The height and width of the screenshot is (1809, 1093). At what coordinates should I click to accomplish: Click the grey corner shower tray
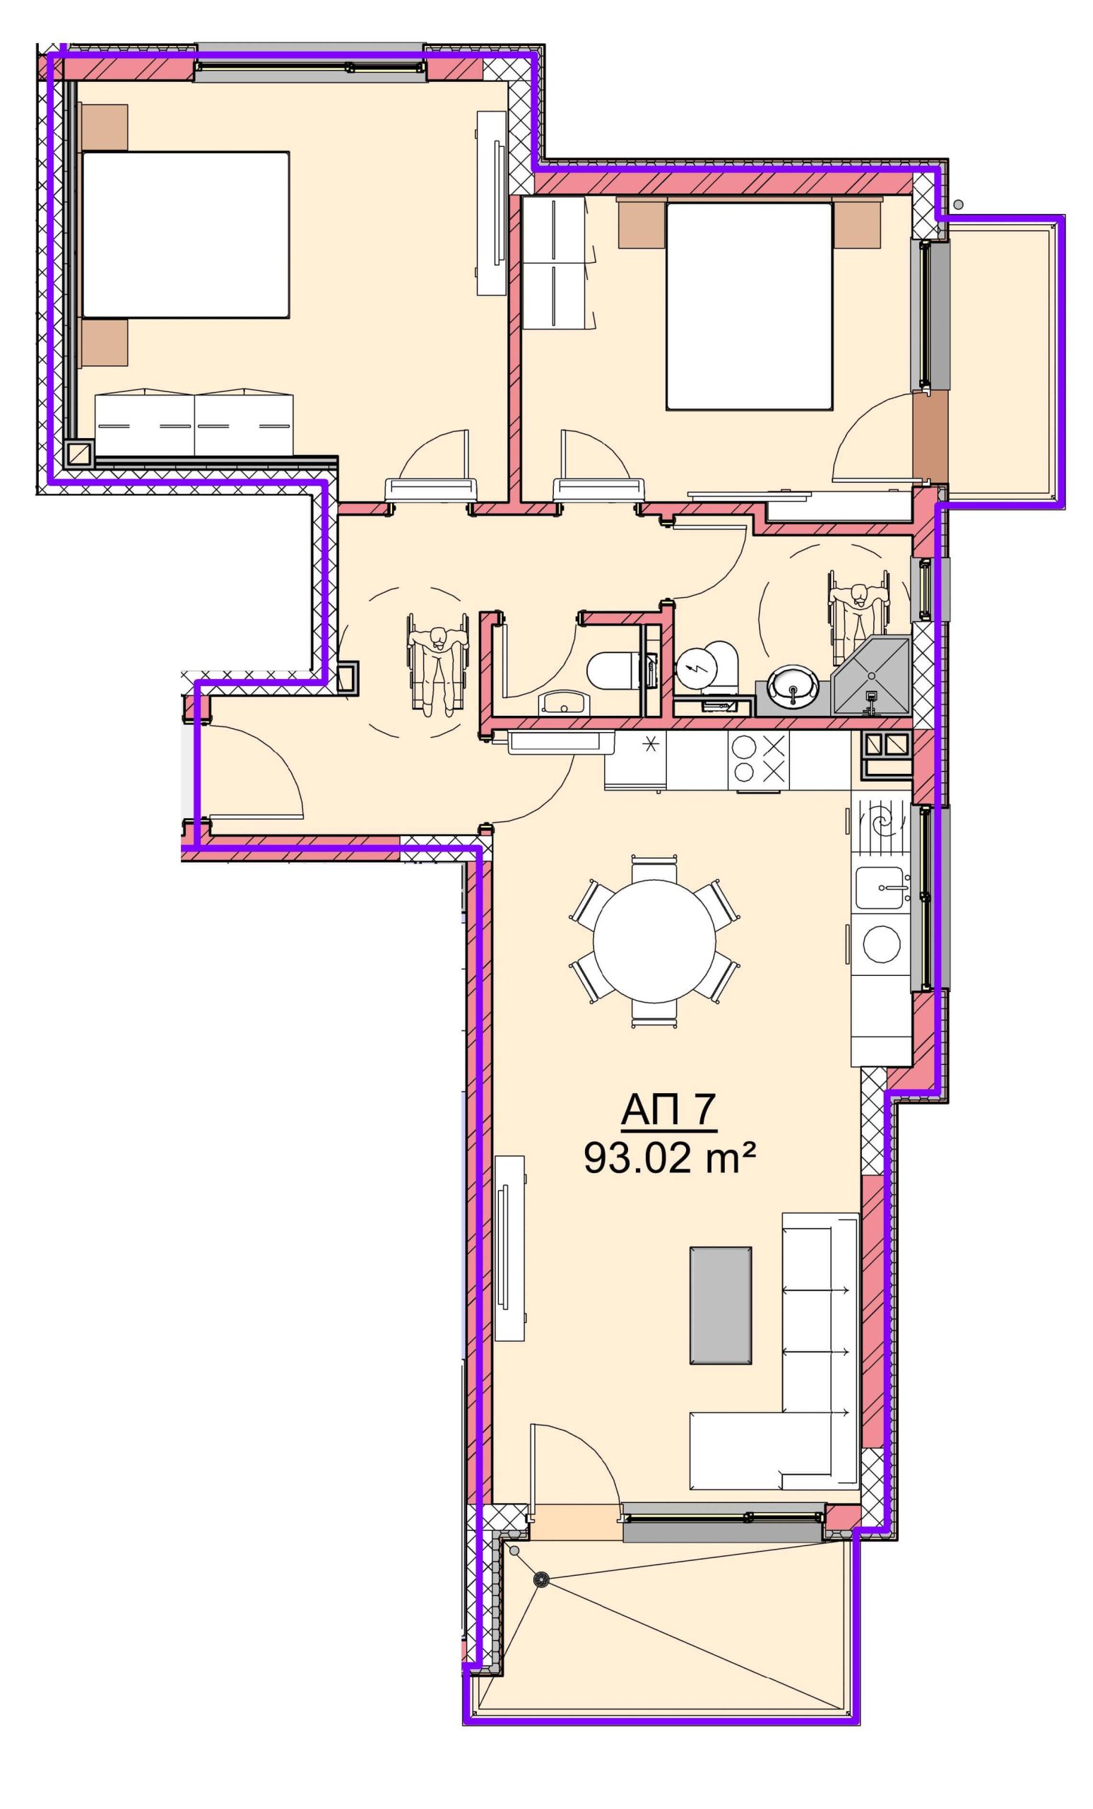[871, 677]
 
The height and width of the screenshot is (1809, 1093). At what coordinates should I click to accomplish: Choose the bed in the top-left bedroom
[185, 235]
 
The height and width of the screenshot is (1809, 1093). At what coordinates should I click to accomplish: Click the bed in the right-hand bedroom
[749, 305]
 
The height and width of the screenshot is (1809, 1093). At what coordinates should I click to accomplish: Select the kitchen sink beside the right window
[881, 888]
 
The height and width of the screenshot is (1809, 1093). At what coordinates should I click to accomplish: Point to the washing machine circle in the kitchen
[882, 943]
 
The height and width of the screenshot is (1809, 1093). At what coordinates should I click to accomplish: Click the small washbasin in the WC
[563, 703]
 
